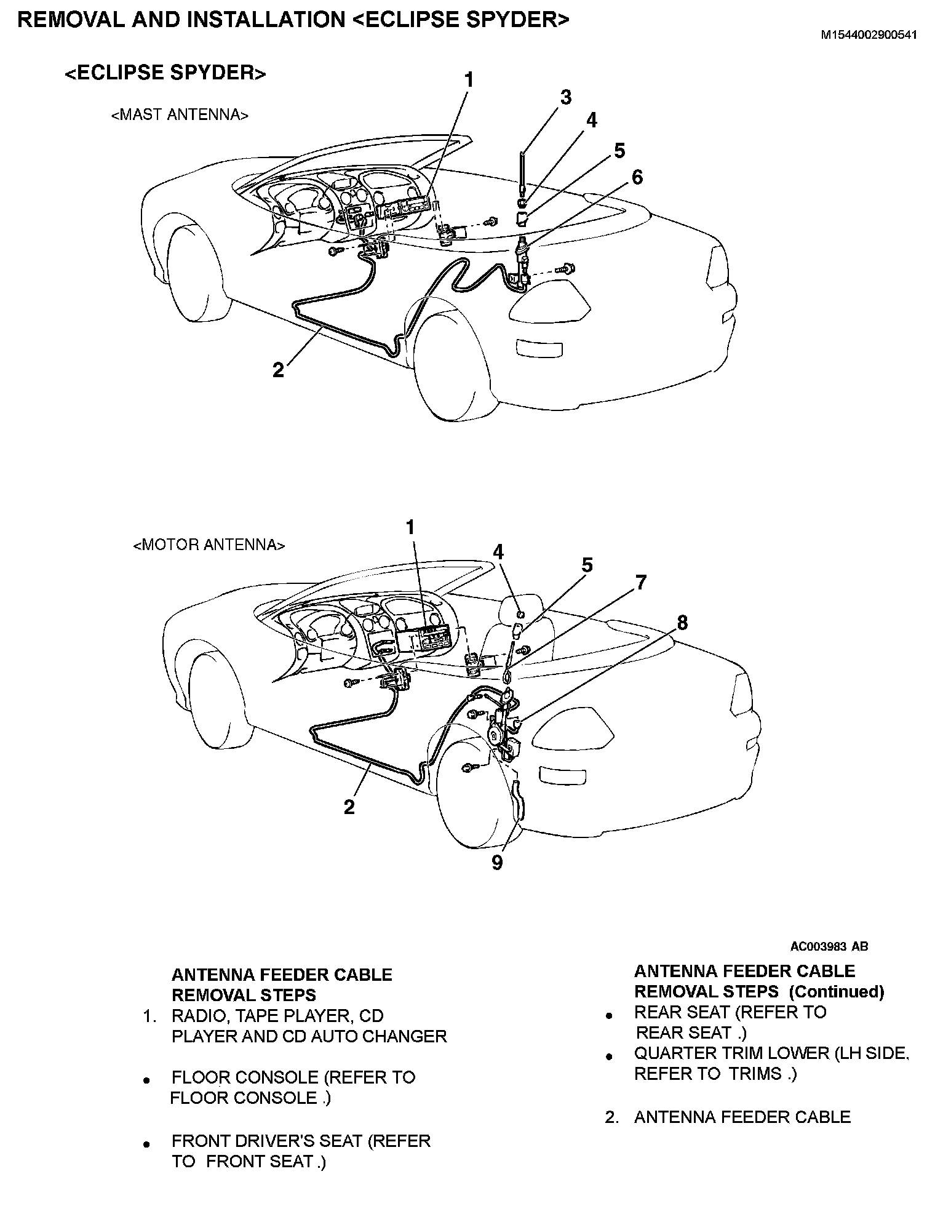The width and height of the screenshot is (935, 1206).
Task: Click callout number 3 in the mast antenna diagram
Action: (565, 97)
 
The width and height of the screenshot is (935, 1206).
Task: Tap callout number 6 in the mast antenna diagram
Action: (637, 177)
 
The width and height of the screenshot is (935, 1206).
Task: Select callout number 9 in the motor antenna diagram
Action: (497, 863)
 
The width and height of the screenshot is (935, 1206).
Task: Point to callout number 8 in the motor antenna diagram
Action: (682, 623)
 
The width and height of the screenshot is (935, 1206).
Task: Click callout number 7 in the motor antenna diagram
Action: (640, 582)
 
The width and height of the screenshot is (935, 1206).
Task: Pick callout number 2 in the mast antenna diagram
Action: (279, 370)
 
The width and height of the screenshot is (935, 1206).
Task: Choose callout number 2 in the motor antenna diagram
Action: (349, 807)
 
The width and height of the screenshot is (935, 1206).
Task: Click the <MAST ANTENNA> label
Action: (180, 115)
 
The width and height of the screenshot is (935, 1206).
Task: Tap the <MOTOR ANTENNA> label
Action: (209, 545)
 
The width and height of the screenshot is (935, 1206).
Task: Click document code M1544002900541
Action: (869, 35)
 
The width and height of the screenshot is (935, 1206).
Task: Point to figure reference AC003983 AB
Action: (829, 947)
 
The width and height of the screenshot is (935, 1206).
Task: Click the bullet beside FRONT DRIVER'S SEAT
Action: (146, 1145)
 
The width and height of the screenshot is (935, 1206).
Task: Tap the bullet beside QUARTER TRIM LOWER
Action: (609, 1056)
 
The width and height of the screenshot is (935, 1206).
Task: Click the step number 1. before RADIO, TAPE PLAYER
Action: (151, 1016)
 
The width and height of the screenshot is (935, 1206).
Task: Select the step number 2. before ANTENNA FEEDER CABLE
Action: (611, 1117)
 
